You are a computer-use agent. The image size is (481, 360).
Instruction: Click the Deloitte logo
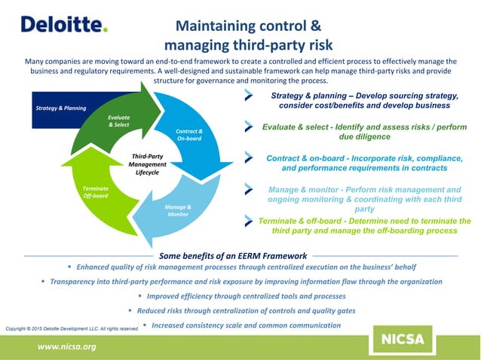point(64,24)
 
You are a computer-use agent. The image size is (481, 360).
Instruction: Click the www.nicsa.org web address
point(66,346)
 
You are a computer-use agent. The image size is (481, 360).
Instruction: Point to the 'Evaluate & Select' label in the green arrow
point(118,121)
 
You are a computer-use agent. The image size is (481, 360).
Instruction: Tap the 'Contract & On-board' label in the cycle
point(188,135)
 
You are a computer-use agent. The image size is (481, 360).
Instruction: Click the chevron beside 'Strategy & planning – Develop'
point(249,96)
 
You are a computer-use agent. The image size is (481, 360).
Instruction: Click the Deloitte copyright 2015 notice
point(72,329)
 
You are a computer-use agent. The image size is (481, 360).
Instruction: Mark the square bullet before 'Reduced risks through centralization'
point(129,310)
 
